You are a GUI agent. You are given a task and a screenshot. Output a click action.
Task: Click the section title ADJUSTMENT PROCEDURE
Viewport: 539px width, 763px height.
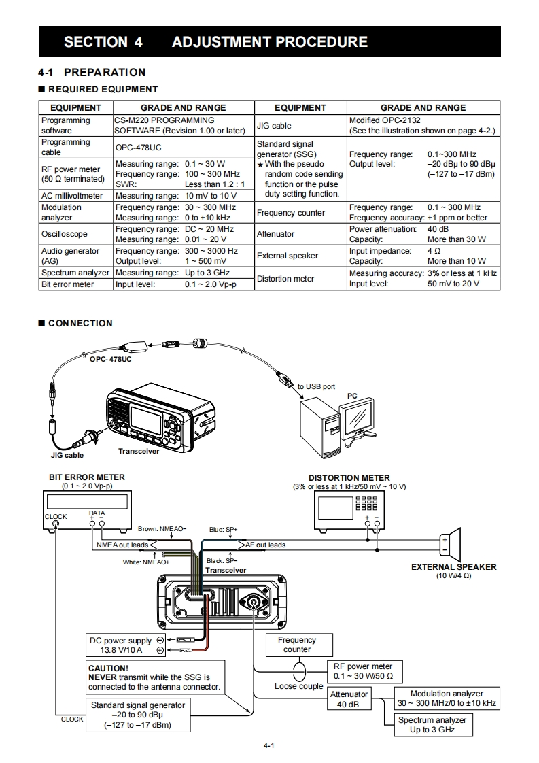click(269, 42)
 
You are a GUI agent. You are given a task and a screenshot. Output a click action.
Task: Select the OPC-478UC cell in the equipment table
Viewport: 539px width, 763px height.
click(138, 148)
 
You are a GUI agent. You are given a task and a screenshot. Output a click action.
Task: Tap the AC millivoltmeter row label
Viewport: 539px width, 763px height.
click(72, 196)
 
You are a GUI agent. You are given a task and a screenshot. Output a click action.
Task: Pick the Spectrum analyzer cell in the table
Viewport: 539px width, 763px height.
click(75, 273)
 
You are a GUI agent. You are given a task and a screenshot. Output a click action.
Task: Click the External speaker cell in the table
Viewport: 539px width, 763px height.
click(287, 256)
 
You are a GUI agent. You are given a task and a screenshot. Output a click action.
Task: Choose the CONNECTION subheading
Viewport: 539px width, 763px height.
click(80, 323)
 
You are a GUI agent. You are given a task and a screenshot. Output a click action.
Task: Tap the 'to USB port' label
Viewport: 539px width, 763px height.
click(316, 386)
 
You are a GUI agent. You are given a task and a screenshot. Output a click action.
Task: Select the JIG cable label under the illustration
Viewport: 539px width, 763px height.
click(67, 455)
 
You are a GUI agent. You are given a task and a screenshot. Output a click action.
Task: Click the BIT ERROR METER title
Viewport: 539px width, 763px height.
click(86, 477)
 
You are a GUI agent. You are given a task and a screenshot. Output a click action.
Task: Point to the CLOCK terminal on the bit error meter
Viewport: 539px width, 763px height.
click(56, 524)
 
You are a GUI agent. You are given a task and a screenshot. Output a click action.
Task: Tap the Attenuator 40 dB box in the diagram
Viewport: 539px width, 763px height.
click(349, 699)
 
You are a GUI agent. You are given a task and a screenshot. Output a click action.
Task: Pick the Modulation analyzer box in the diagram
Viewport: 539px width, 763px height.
click(447, 698)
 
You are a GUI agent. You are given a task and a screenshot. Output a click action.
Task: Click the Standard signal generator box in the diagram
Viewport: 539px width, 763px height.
click(138, 715)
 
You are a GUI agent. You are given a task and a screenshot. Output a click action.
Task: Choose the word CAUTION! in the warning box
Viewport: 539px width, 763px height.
click(109, 668)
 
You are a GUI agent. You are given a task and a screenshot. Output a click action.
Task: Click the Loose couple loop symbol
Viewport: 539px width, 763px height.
click(300, 671)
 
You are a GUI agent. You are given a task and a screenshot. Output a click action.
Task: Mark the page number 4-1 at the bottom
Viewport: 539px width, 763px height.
click(269, 745)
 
